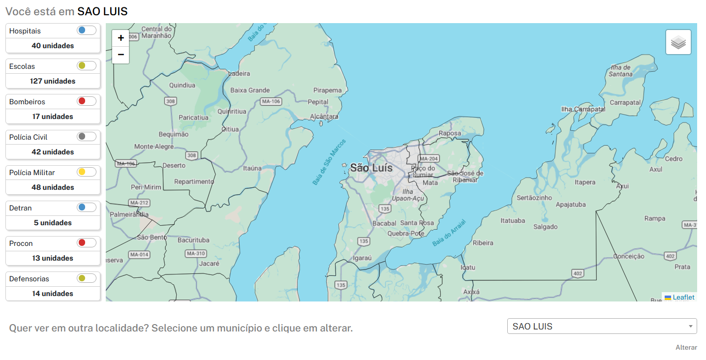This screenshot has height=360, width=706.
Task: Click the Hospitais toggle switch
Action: click(x=86, y=30)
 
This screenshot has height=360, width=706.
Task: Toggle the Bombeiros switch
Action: click(x=86, y=101)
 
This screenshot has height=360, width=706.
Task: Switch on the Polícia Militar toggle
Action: click(x=86, y=172)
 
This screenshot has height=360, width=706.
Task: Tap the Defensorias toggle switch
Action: click(x=86, y=278)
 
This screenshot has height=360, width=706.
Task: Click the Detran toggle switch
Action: click(x=86, y=208)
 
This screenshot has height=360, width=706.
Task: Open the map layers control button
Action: click(x=678, y=42)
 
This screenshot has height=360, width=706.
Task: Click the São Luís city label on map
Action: click(x=371, y=168)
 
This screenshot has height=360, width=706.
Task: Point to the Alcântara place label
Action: click(x=324, y=117)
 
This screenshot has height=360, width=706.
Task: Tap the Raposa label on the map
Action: click(x=450, y=133)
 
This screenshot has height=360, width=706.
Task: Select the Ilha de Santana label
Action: click(x=620, y=70)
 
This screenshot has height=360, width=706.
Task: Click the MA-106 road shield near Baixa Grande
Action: click(x=271, y=101)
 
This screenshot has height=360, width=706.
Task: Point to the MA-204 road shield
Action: click(x=428, y=158)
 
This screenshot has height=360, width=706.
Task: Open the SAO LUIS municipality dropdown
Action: click(x=602, y=326)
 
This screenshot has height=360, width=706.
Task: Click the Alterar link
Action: click(x=686, y=347)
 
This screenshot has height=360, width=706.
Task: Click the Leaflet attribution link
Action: click(x=683, y=297)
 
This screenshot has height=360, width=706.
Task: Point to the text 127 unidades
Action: click(x=53, y=81)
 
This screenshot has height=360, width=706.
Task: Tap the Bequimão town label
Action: click(x=173, y=134)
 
